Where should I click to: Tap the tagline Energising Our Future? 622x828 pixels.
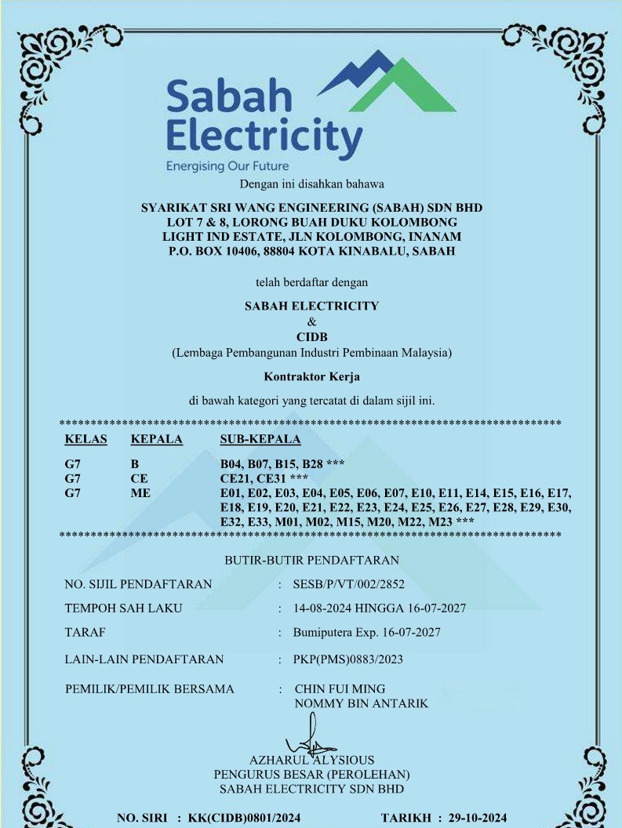(x=227, y=166)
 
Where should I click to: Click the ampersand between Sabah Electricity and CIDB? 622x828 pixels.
(x=311, y=321)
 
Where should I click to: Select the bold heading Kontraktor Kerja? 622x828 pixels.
(x=311, y=376)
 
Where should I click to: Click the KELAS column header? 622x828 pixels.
(x=85, y=439)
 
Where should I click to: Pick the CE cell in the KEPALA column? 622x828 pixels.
(x=139, y=478)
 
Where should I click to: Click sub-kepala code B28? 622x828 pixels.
(x=309, y=463)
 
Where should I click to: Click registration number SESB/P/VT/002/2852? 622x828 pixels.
(x=348, y=584)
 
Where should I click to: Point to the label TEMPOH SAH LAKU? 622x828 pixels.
(x=123, y=608)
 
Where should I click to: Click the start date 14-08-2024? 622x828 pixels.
(x=322, y=608)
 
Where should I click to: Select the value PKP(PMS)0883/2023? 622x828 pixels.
(x=347, y=659)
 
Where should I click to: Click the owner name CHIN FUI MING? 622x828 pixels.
(x=340, y=689)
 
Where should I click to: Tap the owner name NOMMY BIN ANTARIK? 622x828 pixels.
(x=361, y=703)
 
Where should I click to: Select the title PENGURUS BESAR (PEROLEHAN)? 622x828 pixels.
(x=311, y=774)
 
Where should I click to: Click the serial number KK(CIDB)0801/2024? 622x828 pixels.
(x=244, y=819)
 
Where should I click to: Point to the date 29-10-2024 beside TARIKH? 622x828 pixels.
(x=478, y=819)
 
